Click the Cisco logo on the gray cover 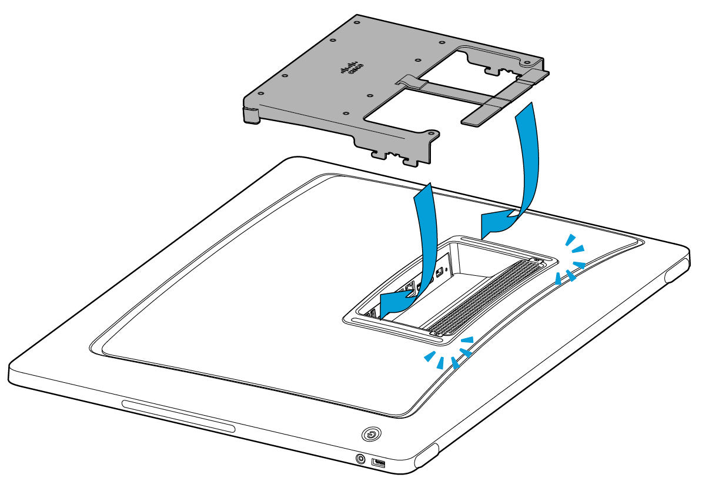point(352,69)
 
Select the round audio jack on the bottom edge point(360,457)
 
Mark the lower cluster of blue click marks point(450,353)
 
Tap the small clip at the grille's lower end point(436,333)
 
